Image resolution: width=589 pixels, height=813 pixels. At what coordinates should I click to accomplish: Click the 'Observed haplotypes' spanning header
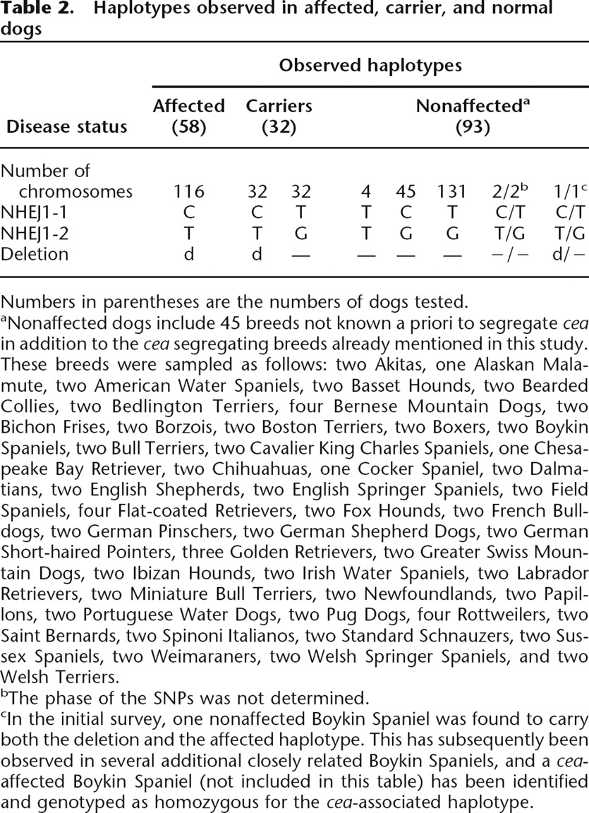point(370,66)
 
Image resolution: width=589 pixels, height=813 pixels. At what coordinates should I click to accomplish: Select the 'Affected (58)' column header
point(188,116)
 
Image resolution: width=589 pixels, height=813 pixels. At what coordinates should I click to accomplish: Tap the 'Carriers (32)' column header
point(279,116)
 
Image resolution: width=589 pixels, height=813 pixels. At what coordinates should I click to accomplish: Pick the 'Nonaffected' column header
point(472,107)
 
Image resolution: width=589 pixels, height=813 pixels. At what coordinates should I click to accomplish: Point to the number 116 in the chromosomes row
point(188,191)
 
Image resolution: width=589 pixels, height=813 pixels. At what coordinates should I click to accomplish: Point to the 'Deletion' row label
point(35,253)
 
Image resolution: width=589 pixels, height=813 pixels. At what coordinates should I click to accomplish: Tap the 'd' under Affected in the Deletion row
point(188,253)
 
